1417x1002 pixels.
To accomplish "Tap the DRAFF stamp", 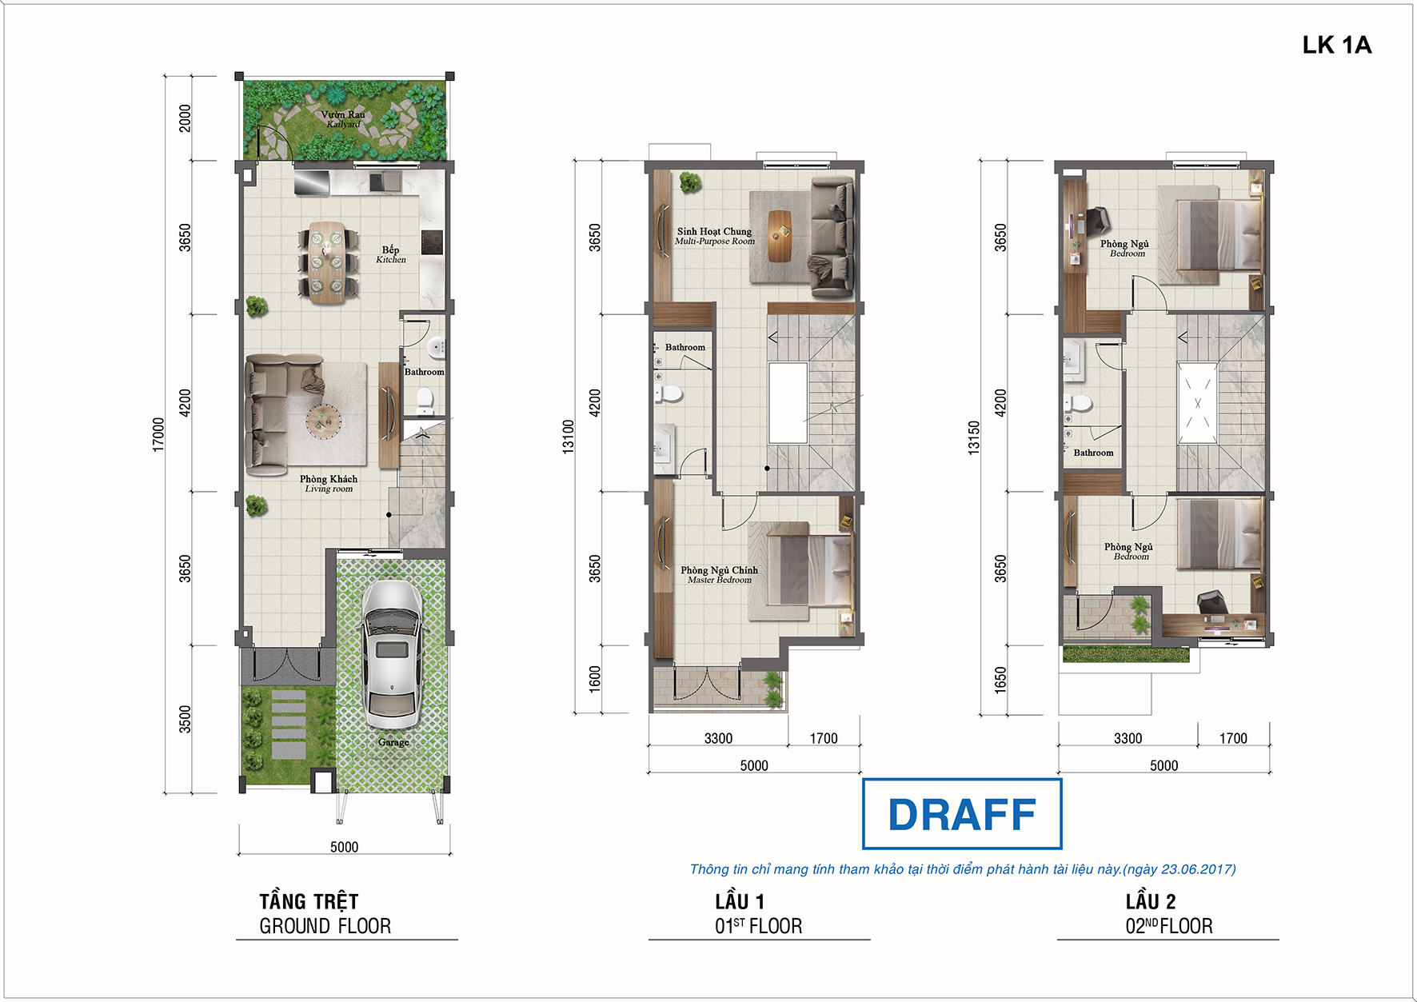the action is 962,814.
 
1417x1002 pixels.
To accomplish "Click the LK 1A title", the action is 1336,45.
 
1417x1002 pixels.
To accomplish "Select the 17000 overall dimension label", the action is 158,434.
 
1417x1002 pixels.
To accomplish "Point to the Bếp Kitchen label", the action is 391,254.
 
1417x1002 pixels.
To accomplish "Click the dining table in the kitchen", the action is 329,262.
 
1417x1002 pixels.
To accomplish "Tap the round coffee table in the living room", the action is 323,420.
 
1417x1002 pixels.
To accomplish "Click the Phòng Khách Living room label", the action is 329,484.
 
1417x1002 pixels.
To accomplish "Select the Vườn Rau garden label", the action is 343,119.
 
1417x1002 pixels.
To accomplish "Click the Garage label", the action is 393,742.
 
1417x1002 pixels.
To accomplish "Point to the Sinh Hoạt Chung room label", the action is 714,236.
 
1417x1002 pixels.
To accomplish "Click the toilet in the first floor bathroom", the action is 669,393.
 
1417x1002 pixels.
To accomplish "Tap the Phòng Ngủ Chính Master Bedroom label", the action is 719,575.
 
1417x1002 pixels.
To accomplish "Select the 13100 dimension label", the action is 569,437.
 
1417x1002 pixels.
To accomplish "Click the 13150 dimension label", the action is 974,438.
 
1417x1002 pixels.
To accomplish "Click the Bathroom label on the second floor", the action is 1093,453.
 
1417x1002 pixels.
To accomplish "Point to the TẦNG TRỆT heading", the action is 309,902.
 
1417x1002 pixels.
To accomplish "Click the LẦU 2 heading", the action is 1151,902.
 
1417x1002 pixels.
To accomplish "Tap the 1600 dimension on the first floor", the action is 594,679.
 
